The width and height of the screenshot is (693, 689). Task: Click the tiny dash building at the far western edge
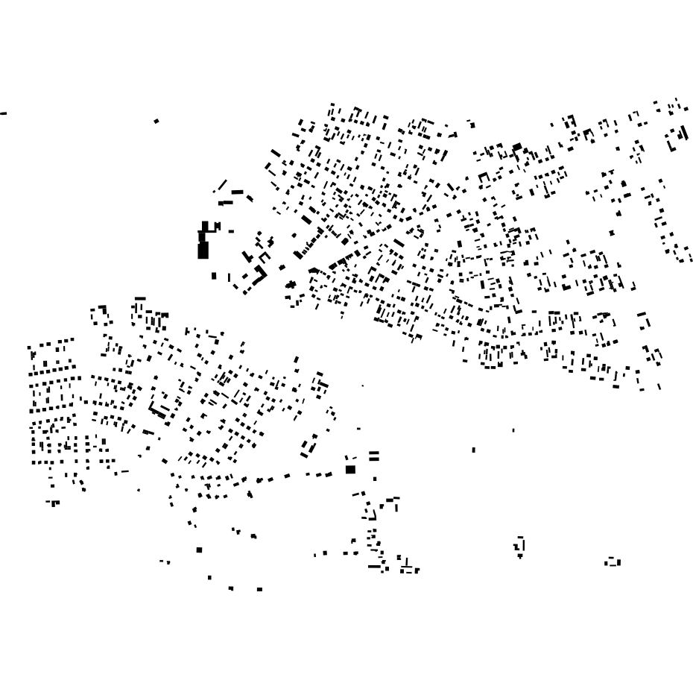tap(4, 113)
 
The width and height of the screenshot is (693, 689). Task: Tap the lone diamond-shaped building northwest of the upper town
tap(156, 121)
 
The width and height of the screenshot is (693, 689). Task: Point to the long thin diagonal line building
tap(222, 185)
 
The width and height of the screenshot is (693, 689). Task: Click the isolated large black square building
tap(350, 469)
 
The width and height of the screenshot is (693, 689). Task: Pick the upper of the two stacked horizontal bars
tap(374, 453)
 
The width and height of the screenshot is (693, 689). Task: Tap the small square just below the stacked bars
tap(375, 479)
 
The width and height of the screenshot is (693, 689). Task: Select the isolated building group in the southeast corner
tap(613, 562)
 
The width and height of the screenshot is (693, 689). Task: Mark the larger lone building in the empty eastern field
tap(474, 450)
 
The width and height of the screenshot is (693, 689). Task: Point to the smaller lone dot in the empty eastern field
tap(513, 430)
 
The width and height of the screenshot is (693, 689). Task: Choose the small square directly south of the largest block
tap(215, 276)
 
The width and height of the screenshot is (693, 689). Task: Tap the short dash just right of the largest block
tap(231, 231)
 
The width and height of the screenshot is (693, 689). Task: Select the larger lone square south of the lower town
tap(199, 550)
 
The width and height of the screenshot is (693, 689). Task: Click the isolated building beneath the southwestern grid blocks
tap(53, 503)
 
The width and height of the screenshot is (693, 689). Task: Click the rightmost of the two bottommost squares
tap(259, 589)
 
